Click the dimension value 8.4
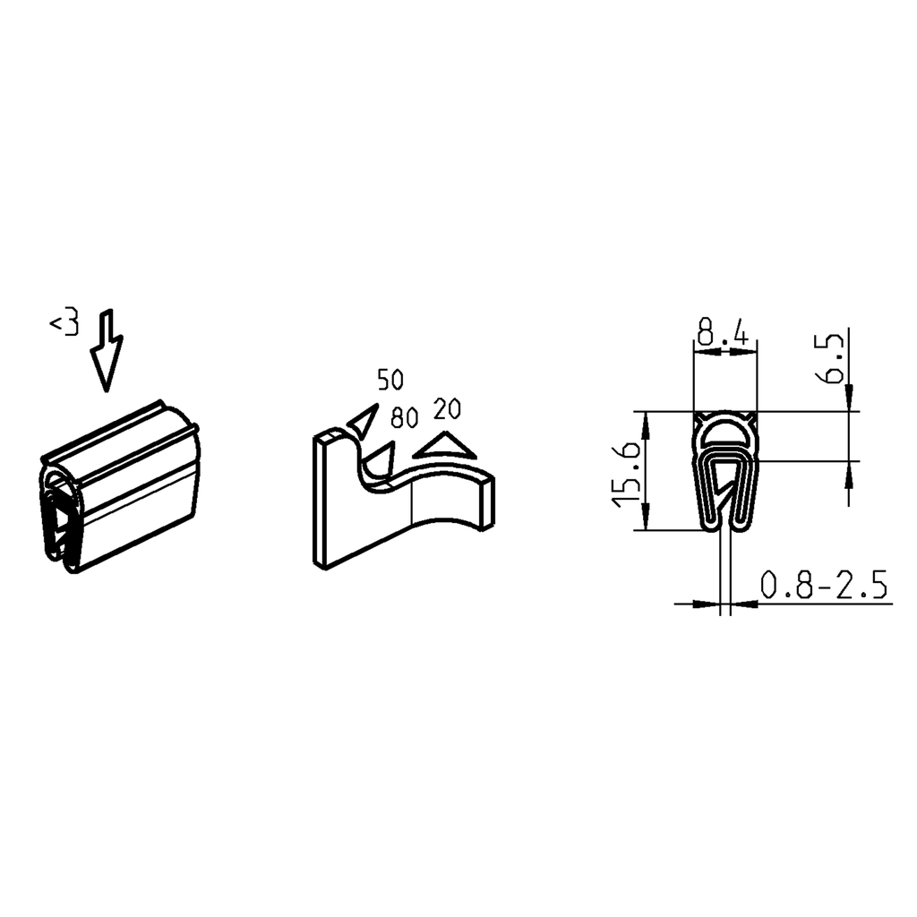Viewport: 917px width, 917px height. [724, 335]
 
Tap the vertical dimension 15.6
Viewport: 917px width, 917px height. [626, 472]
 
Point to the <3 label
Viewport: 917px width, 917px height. [64, 322]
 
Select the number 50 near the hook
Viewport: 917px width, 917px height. [390, 380]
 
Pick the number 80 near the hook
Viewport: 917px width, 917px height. [406, 417]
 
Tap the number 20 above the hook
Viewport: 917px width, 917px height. [446, 409]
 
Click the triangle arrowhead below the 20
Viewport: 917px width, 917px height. [446, 446]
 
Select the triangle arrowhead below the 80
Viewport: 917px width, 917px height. [382, 460]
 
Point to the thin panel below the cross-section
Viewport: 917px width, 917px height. [725, 573]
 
